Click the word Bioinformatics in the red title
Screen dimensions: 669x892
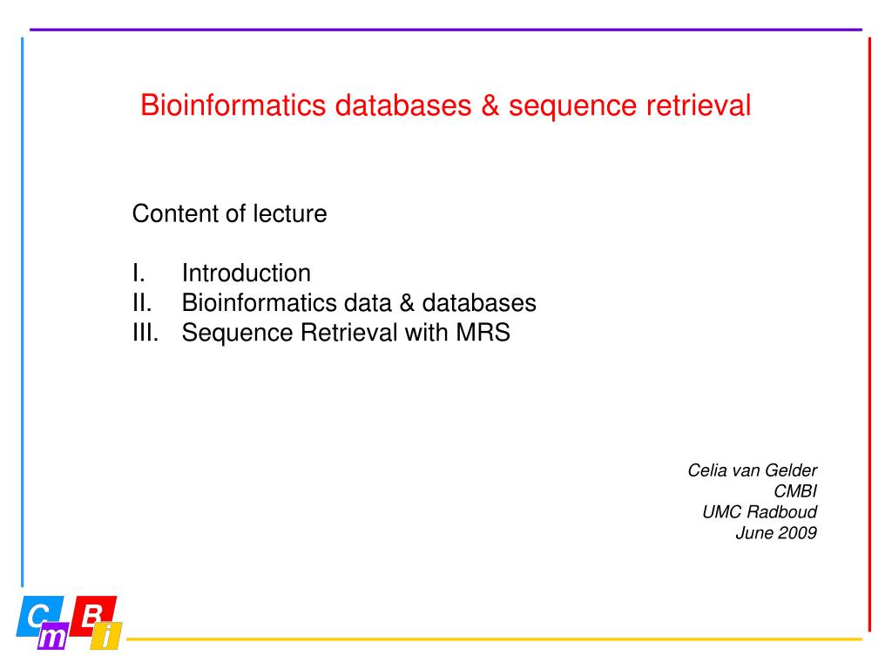coord(233,106)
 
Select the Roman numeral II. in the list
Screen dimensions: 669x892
coord(142,303)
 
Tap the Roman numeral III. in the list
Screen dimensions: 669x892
coord(146,333)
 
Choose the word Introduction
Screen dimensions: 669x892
coord(247,274)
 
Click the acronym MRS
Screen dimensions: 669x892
coord(482,333)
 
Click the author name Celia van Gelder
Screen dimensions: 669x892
coord(752,471)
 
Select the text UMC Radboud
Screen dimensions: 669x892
coord(760,512)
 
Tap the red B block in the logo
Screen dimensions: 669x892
coord(93,614)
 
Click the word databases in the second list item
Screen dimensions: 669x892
coord(480,303)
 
